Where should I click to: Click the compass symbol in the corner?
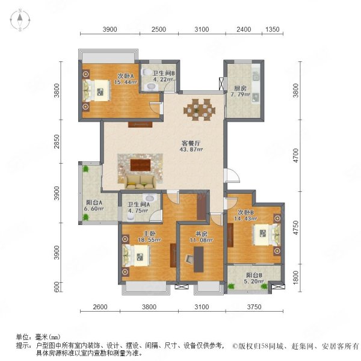point(20,20)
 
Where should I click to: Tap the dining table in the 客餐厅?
point(199,110)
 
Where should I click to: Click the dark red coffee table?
point(140,165)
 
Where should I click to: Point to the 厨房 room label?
point(240,88)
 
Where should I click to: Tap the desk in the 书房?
point(199,259)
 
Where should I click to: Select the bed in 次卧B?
point(267,235)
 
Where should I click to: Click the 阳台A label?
point(94,203)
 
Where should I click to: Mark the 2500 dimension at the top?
point(159,29)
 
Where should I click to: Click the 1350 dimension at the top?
point(273,29)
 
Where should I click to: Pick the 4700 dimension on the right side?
point(295,155)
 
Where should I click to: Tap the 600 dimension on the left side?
point(57,287)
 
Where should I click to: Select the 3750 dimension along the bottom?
point(254,307)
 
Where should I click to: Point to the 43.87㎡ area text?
point(191,149)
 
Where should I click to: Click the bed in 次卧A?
point(96,90)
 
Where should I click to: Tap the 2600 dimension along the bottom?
point(100,307)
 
